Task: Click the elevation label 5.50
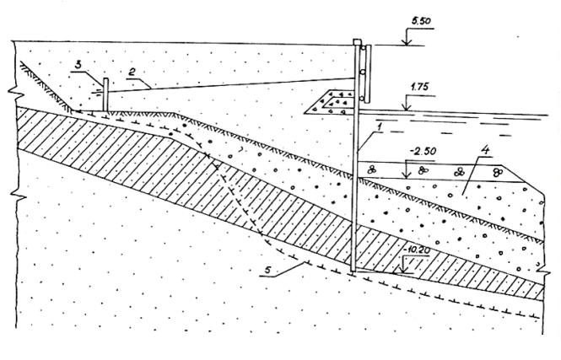[421, 21]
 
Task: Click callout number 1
[380, 126]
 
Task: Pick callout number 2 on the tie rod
[132, 73]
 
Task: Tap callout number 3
[79, 65]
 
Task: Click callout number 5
[269, 271]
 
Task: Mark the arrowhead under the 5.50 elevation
[406, 42]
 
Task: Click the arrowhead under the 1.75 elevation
[406, 107]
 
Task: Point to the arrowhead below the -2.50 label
[406, 175]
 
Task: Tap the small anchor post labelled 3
[105, 94]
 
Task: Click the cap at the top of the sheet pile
[357, 42]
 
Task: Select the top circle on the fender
[363, 47]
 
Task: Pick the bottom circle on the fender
[363, 98]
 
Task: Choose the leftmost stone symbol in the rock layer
[372, 170]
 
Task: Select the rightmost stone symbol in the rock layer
[497, 172]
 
